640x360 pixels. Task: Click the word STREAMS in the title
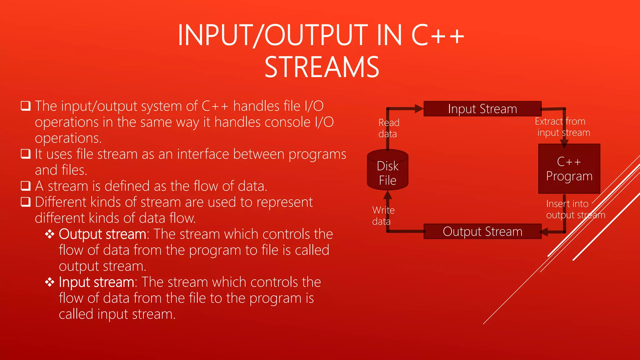point(322,67)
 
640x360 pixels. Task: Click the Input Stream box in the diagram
point(482,109)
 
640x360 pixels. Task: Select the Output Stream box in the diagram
point(482,232)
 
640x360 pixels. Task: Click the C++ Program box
point(569,169)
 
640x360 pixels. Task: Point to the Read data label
point(388,128)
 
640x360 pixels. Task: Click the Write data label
point(383,216)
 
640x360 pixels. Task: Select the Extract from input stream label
point(562,127)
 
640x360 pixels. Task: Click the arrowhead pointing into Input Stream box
point(419,109)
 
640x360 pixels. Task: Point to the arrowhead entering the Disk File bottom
point(387,195)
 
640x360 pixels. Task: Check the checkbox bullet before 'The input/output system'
point(26,106)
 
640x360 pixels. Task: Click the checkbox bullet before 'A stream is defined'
point(26,186)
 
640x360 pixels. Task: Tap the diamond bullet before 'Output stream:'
point(50,234)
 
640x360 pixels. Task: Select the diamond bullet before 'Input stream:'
point(50,282)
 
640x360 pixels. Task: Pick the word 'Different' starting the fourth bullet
point(61,202)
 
